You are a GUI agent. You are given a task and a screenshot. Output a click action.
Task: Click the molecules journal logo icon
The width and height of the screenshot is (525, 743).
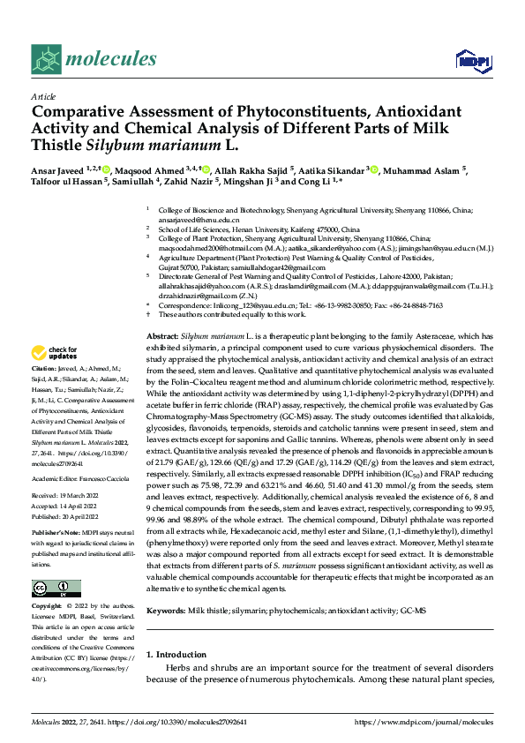[46, 59]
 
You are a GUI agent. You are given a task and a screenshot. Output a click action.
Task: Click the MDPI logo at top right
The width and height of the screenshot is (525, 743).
[470, 60]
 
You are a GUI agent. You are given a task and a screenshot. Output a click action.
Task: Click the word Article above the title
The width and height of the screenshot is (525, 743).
[43, 96]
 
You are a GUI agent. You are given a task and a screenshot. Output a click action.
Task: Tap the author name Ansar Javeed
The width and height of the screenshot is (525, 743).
[59, 170]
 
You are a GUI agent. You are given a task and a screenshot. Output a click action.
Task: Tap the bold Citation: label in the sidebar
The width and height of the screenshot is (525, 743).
[43, 366]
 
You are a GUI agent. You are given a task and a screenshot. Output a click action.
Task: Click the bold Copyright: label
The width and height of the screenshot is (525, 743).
[47, 582]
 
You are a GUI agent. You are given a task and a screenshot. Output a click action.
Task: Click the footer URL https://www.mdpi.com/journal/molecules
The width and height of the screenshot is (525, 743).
[424, 721]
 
